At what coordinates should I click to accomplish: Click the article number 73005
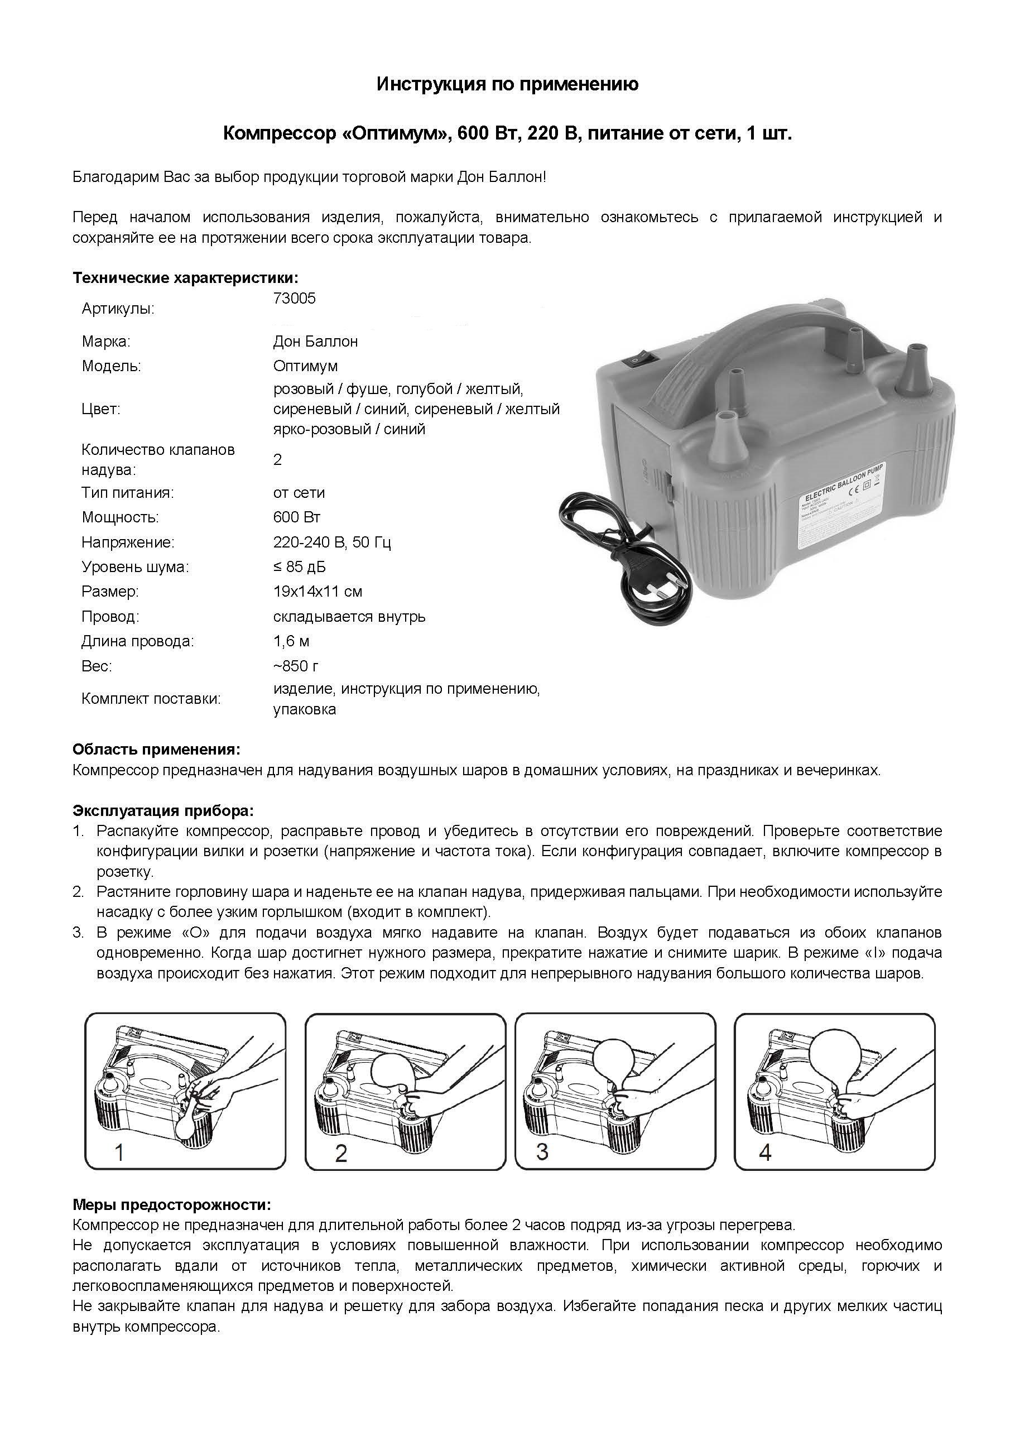(x=294, y=299)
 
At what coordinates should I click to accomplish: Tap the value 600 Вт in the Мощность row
(x=296, y=517)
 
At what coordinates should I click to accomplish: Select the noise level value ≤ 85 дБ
(x=299, y=567)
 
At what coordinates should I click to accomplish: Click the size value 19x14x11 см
(x=317, y=592)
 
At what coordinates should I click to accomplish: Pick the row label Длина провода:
(x=138, y=641)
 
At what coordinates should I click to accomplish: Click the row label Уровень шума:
(x=135, y=567)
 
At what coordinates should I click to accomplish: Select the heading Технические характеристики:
(x=186, y=278)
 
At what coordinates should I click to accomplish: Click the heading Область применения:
(x=156, y=750)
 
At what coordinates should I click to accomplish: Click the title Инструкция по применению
(x=507, y=84)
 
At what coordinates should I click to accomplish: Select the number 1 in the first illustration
(x=119, y=1152)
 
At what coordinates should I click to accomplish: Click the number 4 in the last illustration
(x=764, y=1152)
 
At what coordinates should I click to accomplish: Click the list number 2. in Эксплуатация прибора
(x=78, y=892)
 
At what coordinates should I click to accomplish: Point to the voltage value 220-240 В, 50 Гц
(x=331, y=542)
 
